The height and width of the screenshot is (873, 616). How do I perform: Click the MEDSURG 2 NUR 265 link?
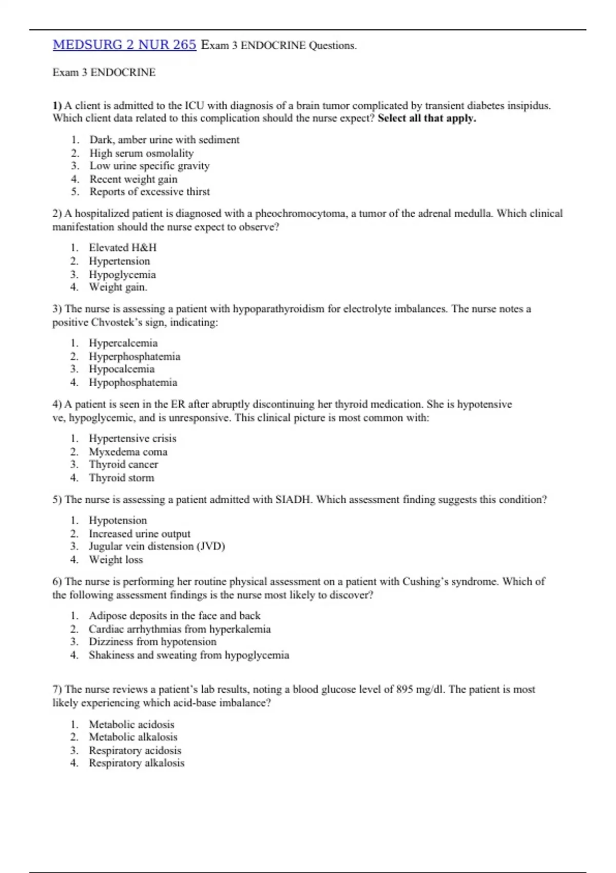[124, 45]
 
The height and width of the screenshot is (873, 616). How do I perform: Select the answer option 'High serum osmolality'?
[141, 153]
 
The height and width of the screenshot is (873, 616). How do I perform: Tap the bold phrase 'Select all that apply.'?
[427, 118]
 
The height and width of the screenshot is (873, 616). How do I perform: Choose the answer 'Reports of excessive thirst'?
[149, 192]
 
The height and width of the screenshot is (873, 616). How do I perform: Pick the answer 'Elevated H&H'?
[123, 248]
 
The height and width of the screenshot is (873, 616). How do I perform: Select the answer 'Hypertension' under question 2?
[119, 261]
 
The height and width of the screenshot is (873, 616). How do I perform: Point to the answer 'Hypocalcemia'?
[121, 369]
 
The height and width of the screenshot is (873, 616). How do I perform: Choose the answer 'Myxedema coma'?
[128, 452]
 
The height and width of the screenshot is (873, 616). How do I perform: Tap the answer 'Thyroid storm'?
[121, 478]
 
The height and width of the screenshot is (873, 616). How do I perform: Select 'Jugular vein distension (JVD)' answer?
[157, 546]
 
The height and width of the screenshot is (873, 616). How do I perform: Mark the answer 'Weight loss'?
[115, 560]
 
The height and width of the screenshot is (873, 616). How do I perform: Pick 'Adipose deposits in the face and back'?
[175, 615]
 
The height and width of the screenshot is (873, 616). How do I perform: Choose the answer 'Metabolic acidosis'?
[131, 725]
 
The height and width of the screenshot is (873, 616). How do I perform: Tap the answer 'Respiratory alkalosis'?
[136, 763]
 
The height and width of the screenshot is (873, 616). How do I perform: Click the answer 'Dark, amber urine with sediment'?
[164, 140]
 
